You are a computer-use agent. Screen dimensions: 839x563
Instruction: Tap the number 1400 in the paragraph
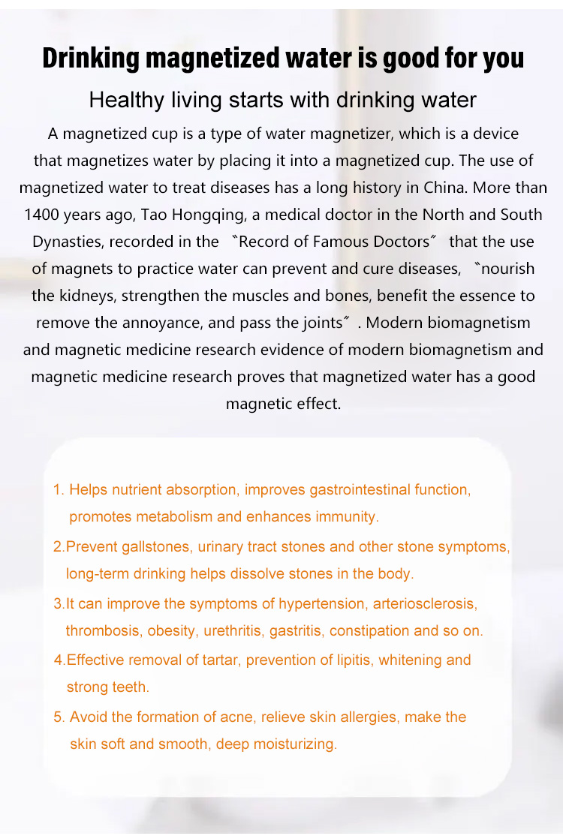[41, 214]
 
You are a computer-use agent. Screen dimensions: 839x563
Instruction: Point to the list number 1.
[58, 490]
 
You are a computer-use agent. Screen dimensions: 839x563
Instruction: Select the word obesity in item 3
[171, 631]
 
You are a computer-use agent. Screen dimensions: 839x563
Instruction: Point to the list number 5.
[59, 717]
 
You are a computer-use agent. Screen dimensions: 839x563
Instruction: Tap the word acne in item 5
[239, 717]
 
